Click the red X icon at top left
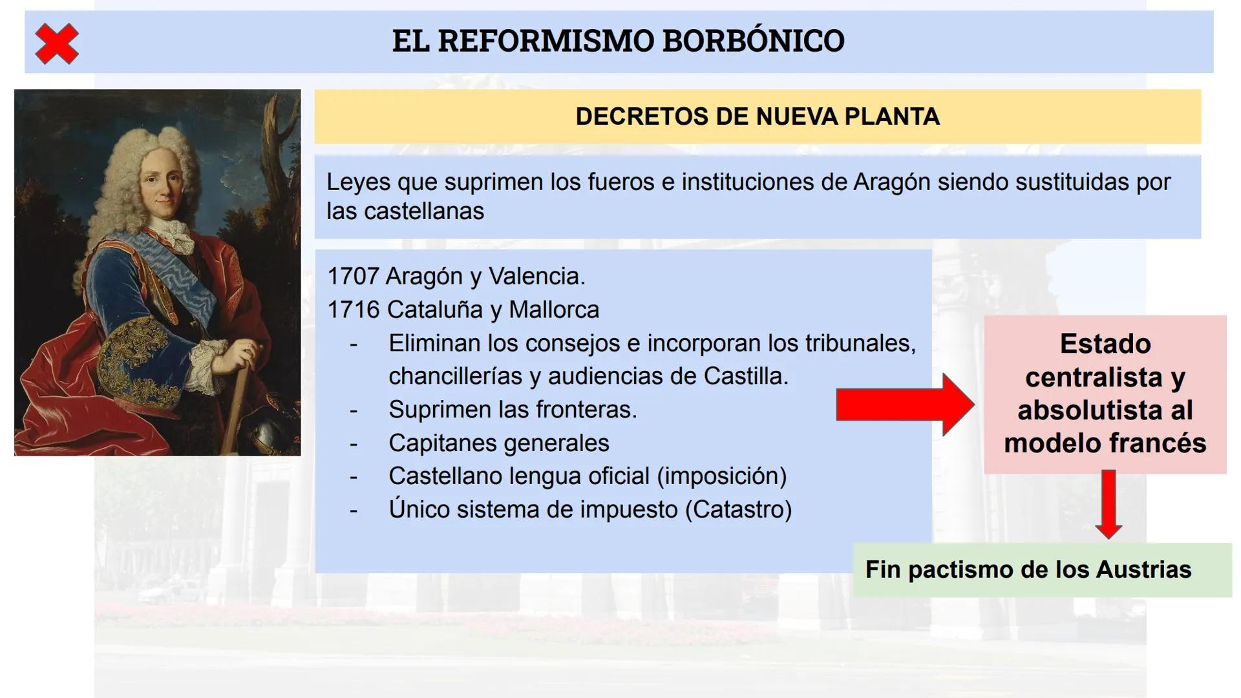coord(57,43)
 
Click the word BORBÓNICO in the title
coord(753,41)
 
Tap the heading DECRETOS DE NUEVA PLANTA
coord(758,117)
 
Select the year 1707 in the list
coord(353,277)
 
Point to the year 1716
coord(353,310)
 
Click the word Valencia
coord(536,277)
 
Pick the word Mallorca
coord(554,310)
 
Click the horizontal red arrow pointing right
coord(905,405)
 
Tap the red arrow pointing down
coord(1108,505)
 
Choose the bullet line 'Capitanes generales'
coord(498,443)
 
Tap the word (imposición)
coord(721,476)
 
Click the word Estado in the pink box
coord(1105,344)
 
